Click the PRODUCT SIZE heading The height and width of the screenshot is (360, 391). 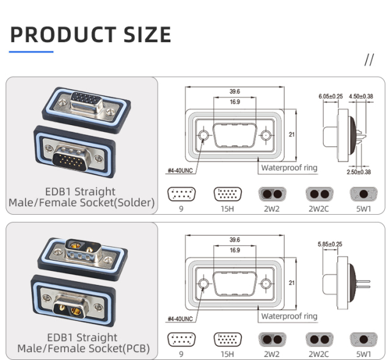[x=90, y=35]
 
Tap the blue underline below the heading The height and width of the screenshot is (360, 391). [x=32, y=52]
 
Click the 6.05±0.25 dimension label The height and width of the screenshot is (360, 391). [x=331, y=96]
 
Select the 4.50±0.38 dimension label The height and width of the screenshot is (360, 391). [x=361, y=96]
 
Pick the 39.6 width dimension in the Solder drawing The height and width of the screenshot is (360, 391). [x=235, y=92]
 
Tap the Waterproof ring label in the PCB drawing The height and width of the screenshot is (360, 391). [x=289, y=316]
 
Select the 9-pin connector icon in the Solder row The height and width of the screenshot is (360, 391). [x=181, y=194]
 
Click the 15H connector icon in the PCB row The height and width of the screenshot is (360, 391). [x=227, y=340]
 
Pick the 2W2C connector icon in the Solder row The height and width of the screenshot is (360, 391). [x=318, y=194]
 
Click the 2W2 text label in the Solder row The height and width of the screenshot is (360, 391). [x=272, y=209]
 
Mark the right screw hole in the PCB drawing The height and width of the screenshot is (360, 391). [x=266, y=284]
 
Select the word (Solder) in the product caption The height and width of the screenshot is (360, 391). [x=136, y=203]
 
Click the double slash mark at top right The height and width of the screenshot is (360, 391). [x=368, y=60]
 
